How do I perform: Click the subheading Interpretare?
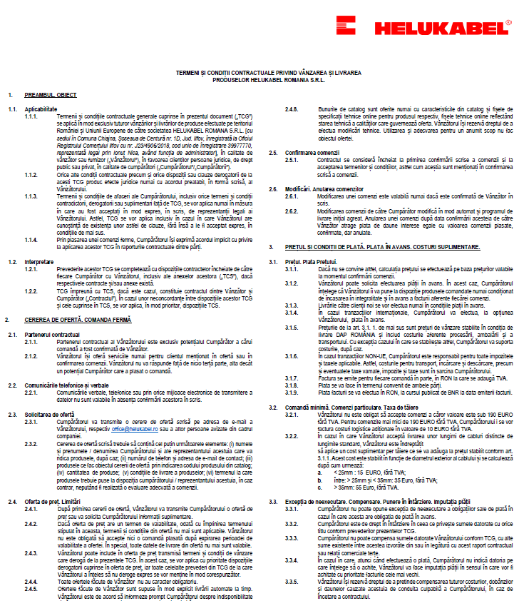(x=38, y=261)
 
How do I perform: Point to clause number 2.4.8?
(x=291, y=108)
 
